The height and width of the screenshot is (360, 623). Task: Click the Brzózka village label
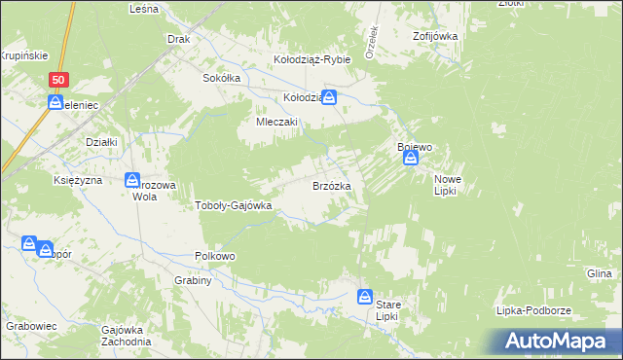pyautogui.click(x=338, y=185)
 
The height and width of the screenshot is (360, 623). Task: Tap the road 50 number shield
pyautogui.click(x=60, y=81)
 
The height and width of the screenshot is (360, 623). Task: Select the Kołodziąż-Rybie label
pyautogui.click(x=311, y=59)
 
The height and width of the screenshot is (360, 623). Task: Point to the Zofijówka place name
pyautogui.click(x=434, y=36)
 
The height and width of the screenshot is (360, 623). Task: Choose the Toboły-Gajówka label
pyautogui.click(x=235, y=205)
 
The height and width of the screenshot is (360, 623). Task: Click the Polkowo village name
pyautogui.click(x=216, y=256)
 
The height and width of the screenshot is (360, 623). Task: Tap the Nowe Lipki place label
pyautogui.click(x=447, y=185)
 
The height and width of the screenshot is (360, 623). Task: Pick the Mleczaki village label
pyautogui.click(x=276, y=123)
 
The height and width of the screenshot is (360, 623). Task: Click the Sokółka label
pyautogui.click(x=220, y=78)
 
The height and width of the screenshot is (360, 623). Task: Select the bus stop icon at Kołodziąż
pyautogui.click(x=330, y=97)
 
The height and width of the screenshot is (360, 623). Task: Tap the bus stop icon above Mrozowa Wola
pyautogui.click(x=132, y=179)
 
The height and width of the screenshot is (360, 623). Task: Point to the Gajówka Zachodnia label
pyautogui.click(x=126, y=336)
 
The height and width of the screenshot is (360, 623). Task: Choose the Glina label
pyautogui.click(x=599, y=274)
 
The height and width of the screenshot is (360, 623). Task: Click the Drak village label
pyautogui.click(x=177, y=40)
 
